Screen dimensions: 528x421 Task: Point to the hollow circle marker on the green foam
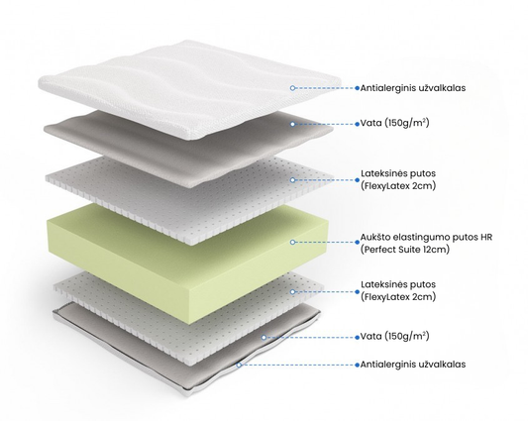[292, 242]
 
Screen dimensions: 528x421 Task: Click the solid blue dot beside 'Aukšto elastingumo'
[358, 242]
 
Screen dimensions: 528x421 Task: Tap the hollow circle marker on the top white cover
[292, 88]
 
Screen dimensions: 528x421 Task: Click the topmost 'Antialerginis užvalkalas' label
[413, 88]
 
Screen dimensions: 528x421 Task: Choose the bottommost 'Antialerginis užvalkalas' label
[413, 365]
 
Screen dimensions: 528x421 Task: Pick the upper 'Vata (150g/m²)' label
[394, 123]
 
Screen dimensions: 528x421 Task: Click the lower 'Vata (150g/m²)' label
[394, 336]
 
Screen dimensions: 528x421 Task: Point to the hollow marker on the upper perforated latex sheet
[292, 180]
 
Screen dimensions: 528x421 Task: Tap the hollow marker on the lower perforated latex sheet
[292, 291]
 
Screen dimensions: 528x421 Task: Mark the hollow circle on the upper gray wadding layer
[292, 124]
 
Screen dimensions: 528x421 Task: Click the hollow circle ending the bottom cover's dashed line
[239, 365]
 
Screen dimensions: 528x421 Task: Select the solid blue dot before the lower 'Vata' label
[358, 337]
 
